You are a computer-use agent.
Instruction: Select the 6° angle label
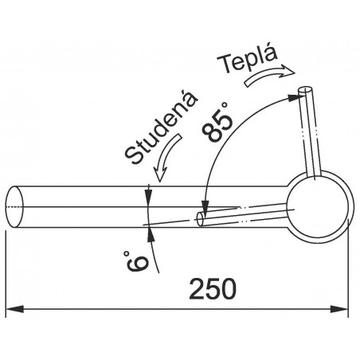click(x=136, y=260)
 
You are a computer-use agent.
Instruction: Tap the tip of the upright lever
click(x=303, y=92)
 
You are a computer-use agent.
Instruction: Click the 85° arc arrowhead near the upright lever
click(x=292, y=96)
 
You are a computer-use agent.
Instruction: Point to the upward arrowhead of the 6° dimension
click(x=149, y=230)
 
